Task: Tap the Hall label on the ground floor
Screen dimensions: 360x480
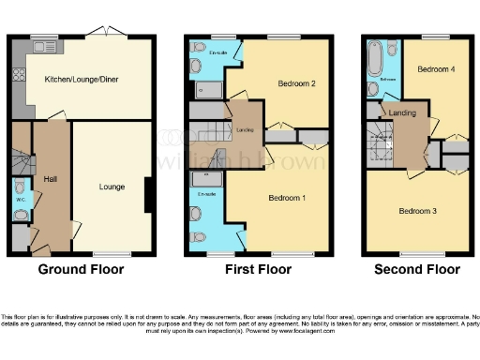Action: point(50,179)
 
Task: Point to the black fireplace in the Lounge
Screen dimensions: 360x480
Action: point(148,197)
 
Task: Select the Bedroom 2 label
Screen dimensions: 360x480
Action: point(294,83)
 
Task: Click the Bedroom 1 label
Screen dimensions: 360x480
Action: point(288,198)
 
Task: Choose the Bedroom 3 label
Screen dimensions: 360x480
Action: point(418,211)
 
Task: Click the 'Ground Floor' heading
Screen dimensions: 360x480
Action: point(81,269)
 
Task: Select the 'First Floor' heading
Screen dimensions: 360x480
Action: point(257,269)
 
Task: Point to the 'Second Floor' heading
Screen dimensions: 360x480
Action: point(417,269)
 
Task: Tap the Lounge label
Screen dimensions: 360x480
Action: point(112,187)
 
